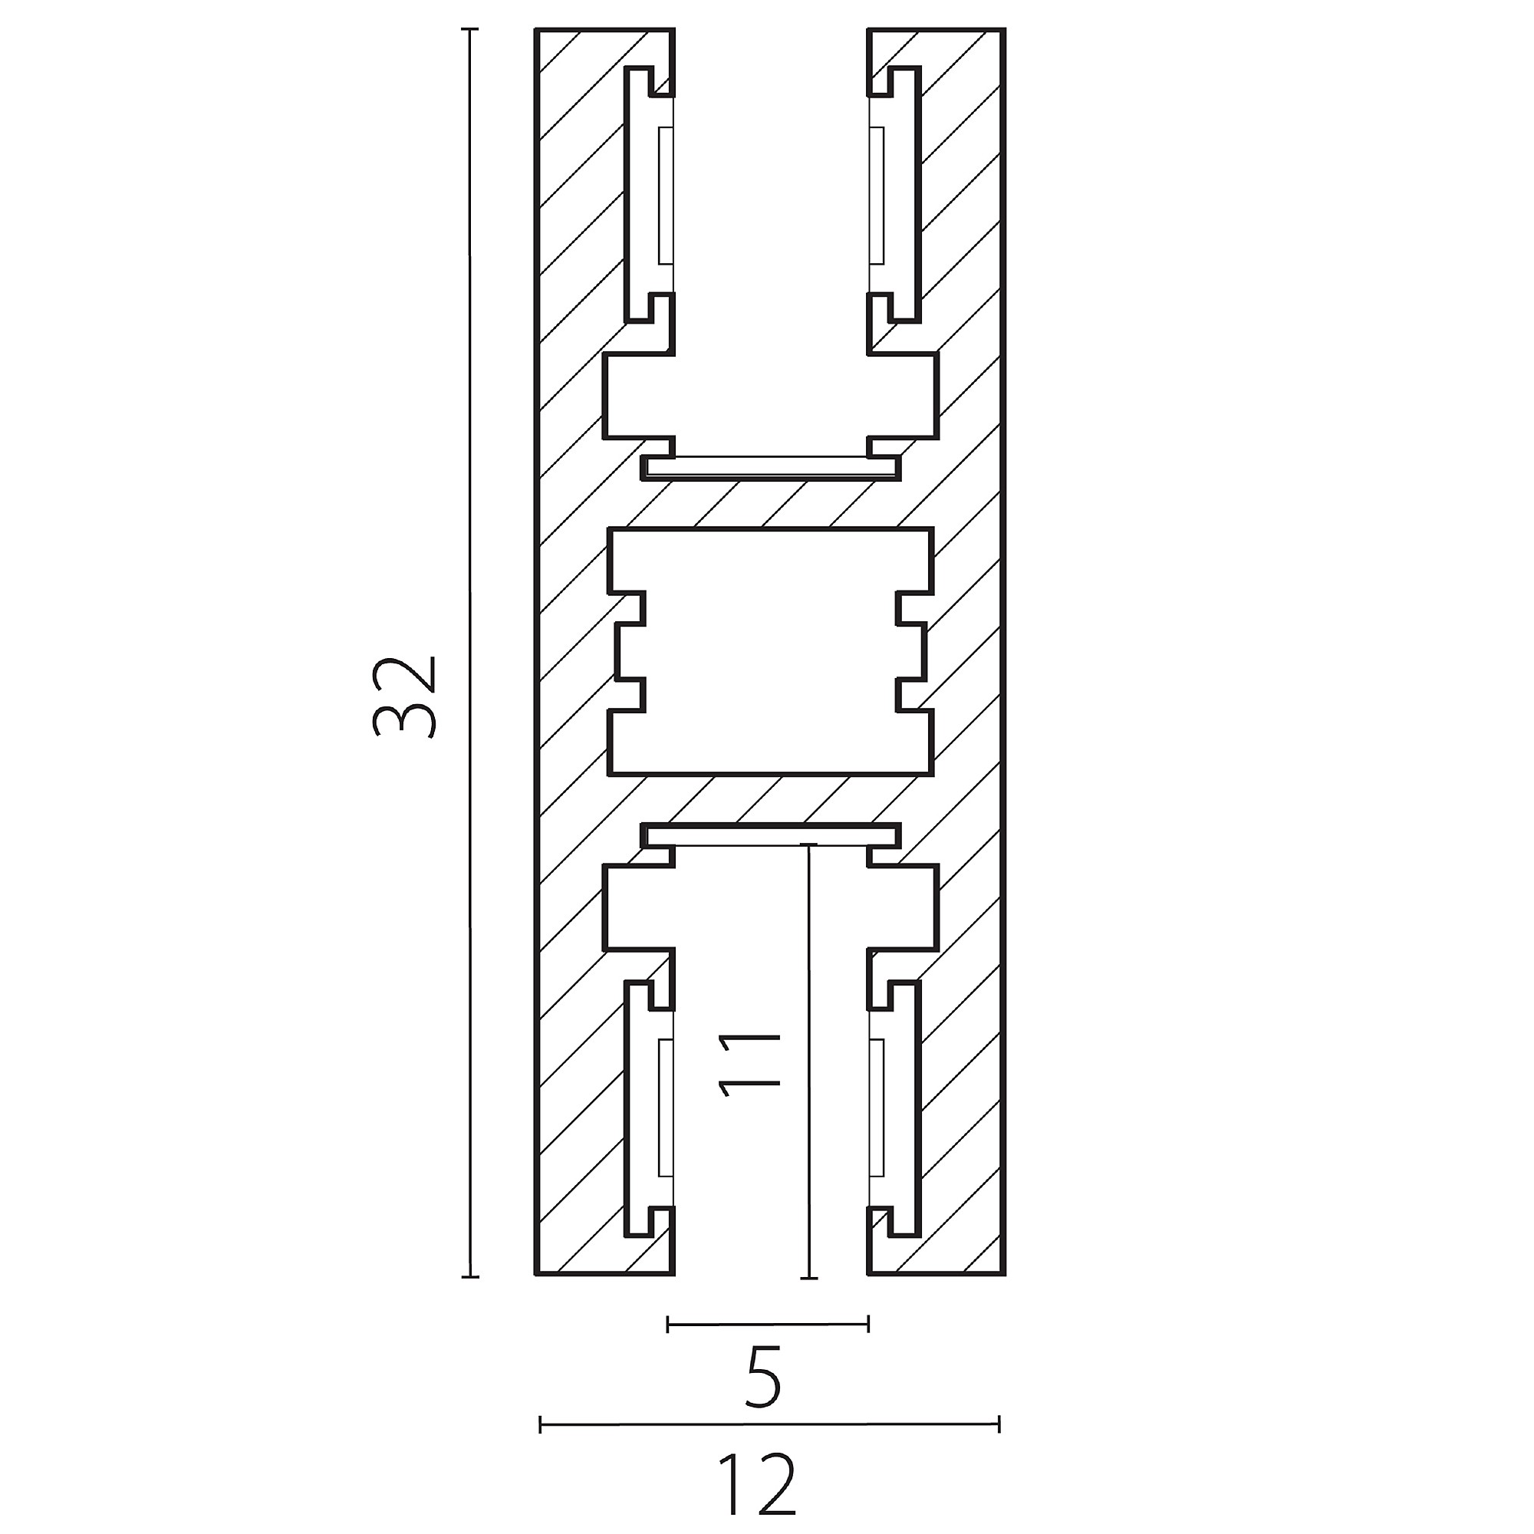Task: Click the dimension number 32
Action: click(x=404, y=696)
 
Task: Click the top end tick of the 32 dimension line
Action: click(x=471, y=29)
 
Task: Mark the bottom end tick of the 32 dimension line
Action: click(x=471, y=1299)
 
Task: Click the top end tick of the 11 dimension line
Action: click(x=808, y=843)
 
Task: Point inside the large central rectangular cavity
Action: click(x=770, y=651)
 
